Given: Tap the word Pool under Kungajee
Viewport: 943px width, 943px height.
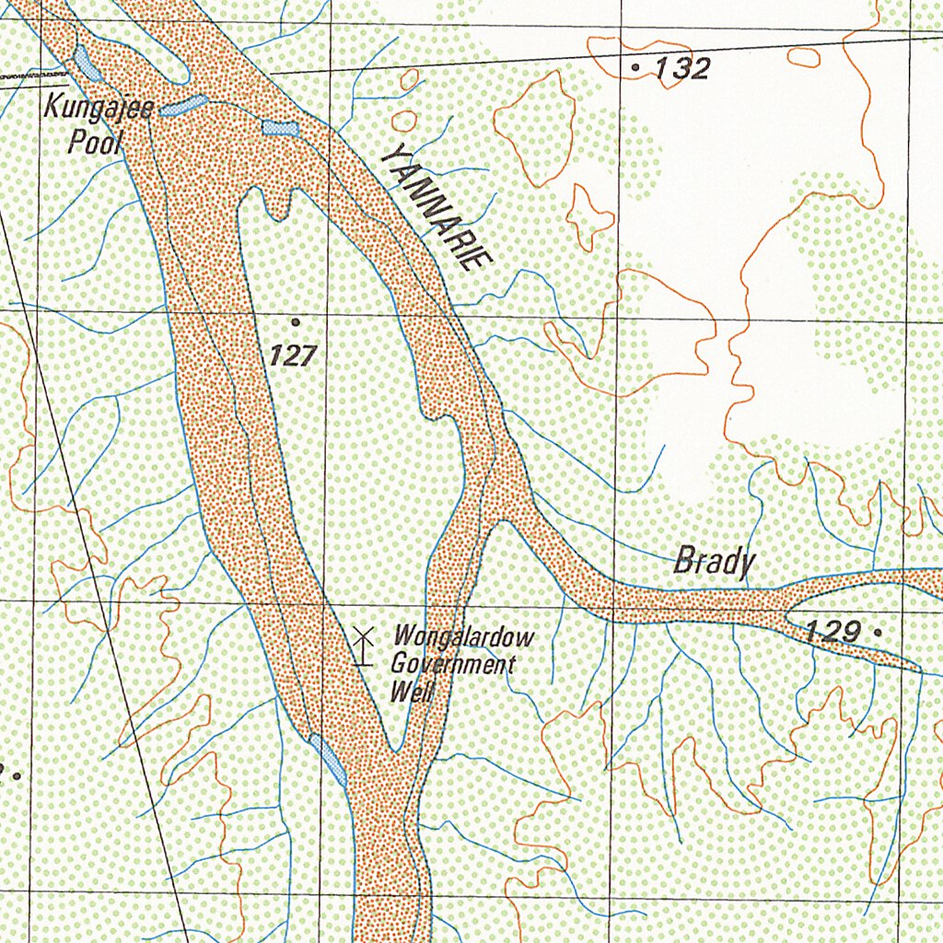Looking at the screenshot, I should tap(89, 139).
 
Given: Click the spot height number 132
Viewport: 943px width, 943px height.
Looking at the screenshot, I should tap(682, 68).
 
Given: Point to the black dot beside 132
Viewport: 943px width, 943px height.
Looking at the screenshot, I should tap(635, 67).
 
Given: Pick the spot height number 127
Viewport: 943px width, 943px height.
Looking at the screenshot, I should tap(294, 355).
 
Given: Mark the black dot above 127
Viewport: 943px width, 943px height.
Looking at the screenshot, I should tap(295, 321).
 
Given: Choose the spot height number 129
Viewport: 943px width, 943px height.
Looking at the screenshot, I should tap(832, 632).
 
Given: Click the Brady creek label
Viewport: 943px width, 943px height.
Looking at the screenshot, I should tap(714, 561).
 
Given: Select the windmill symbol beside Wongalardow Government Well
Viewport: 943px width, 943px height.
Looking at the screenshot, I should tap(363, 645).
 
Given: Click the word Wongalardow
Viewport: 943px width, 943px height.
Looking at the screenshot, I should tap(463, 636).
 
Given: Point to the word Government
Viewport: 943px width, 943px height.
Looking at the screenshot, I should tap(451, 664).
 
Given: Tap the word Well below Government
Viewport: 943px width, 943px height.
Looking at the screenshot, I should tap(411, 693).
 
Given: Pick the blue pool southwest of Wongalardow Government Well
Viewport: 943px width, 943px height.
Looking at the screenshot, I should tap(329, 759).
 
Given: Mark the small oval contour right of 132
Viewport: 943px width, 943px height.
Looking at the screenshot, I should tap(802, 56).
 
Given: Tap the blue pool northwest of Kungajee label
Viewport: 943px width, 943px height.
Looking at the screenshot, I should tap(87, 63).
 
